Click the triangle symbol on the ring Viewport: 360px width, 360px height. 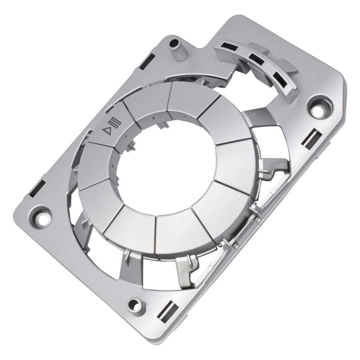(107, 131)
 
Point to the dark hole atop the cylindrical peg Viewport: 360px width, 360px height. (174, 44)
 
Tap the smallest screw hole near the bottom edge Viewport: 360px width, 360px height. (135, 305)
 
